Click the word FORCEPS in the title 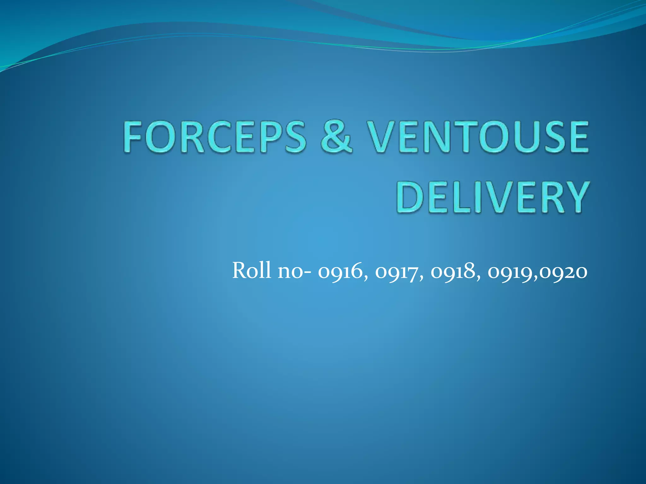[x=214, y=137]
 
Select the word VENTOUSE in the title [x=478, y=137]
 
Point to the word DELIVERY [x=492, y=198]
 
